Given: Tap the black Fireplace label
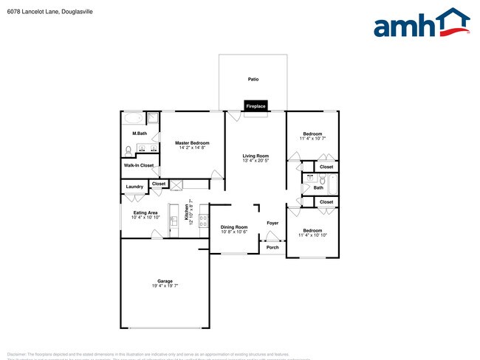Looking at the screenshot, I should tap(256, 106).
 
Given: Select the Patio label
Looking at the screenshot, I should tap(253, 79).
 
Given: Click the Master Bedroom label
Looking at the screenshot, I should tap(192, 142).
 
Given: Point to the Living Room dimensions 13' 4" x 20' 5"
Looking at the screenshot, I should tap(256, 161).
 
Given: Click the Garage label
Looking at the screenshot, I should tap(165, 281).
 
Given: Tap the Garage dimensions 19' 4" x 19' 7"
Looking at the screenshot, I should tap(165, 286).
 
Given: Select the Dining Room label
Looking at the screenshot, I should tap(234, 227).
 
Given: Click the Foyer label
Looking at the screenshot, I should tap(272, 222).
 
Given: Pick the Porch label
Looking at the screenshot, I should tap(272, 247).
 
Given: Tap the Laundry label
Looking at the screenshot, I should tap(134, 187).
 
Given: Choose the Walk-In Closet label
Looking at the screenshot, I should tap(139, 165).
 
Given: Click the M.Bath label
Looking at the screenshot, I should tap(139, 134).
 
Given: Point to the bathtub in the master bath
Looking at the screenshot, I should tap(134, 118).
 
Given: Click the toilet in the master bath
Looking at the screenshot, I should tap(128, 150).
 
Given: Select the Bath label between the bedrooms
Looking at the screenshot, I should tap(318, 187).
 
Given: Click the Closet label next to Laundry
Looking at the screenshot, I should tap(159, 183).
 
